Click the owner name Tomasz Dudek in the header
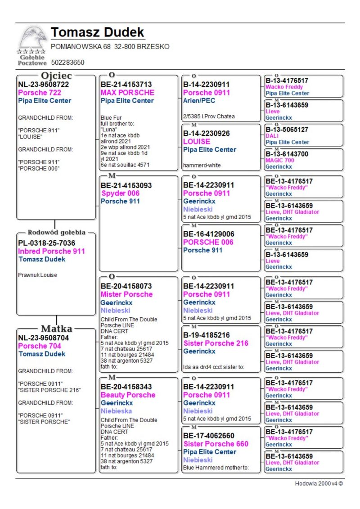click(98, 33)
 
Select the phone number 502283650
click(68, 62)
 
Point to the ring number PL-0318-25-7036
click(47, 243)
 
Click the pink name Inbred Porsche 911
click(51, 251)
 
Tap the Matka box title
click(57, 328)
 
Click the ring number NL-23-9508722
click(44, 84)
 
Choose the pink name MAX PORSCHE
click(127, 93)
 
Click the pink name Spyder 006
click(120, 194)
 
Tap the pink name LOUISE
click(197, 141)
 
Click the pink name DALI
click(272, 135)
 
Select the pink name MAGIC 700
click(280, 160)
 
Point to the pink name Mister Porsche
click(126, 294)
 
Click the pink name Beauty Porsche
click(128, 395)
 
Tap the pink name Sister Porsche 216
click(216, 343)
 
